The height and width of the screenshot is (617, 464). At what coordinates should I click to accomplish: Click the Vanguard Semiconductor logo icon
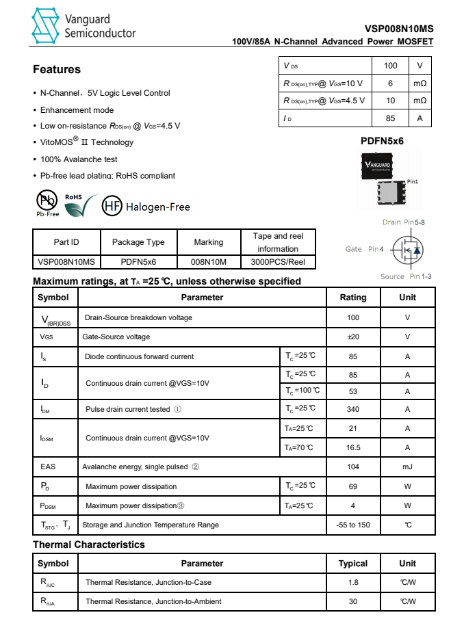(46, 26)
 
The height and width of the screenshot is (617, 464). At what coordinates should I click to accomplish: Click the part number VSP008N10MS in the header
(399, 29)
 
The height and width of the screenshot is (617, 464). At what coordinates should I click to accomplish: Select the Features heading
(57, 69)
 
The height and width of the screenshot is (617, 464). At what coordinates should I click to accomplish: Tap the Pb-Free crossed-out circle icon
(47, 201)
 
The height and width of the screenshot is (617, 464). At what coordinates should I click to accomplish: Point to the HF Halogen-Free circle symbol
(112, 207)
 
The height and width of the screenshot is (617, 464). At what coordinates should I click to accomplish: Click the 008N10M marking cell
(208, 262)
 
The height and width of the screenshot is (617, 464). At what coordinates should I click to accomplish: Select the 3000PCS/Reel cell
(277, 262)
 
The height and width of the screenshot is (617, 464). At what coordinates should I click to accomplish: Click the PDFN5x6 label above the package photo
(382, 141)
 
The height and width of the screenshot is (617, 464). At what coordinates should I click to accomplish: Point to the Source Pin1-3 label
(405, 276)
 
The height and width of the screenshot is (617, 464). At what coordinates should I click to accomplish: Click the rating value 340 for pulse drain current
(353, 409)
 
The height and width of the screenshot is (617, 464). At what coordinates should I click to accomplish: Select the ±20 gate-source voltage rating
(353, 337)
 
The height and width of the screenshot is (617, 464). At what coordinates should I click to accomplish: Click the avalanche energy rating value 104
(353, 467)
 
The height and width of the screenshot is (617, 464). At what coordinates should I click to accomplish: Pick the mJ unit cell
(407, 467)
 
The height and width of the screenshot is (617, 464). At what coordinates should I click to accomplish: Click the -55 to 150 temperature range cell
(353, 525)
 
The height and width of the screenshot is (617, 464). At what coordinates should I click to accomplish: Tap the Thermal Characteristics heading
(89, 544)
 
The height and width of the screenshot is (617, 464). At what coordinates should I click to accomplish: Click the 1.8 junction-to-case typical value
(353, 582)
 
